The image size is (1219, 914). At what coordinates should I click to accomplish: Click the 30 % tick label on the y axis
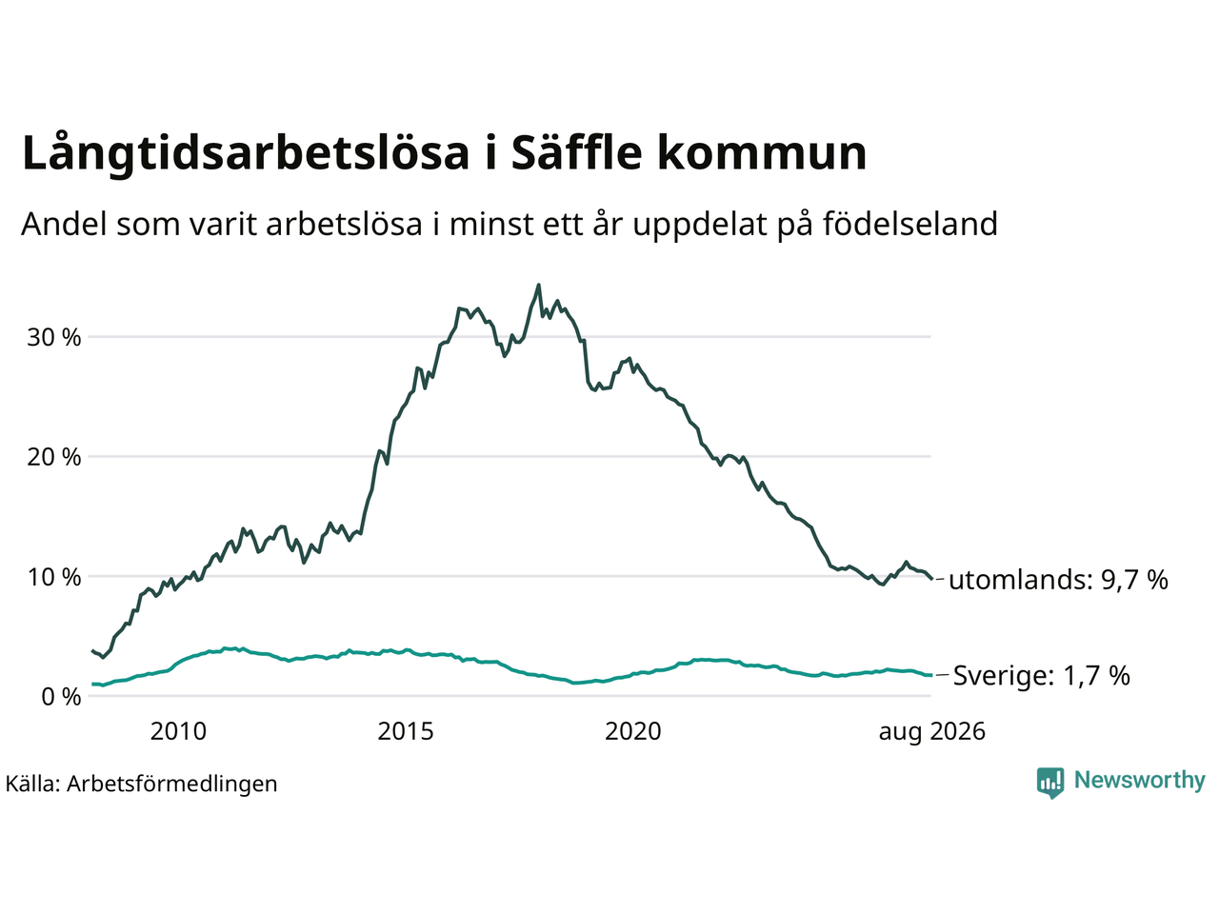[54, 338]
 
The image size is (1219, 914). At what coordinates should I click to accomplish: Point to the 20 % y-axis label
[54, 458]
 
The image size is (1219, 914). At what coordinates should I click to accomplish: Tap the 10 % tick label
[54, 578]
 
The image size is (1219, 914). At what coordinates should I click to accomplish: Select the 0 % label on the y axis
[61, 697]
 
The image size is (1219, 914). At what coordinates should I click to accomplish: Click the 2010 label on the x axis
[178, 732]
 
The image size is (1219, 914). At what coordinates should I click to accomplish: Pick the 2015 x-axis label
[406, 732]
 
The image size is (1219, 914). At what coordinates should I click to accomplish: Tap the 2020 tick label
[633, 732]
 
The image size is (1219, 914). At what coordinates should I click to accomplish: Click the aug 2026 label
[932, 732]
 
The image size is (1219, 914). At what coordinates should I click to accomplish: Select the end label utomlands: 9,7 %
[1058, 580]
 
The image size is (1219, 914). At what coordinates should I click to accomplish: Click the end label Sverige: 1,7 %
[1042, 676]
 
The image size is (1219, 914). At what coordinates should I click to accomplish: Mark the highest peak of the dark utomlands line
[538, 286]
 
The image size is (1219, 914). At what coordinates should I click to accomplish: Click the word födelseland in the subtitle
[910, 224]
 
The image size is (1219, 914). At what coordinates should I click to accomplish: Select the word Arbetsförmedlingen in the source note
[172, 785]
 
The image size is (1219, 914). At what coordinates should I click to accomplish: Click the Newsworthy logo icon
[1050, 783]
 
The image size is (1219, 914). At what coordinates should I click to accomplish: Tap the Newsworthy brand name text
[1140, 781]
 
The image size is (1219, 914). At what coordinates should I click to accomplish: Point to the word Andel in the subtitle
[64, 224]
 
